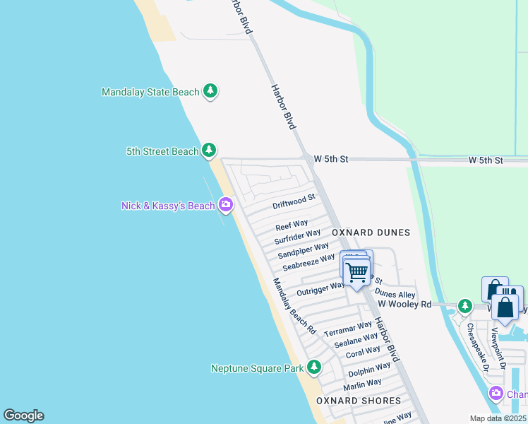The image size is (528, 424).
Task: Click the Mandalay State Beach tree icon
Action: (x=210, y=91)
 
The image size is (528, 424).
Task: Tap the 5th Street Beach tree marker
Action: (x=209, y=151)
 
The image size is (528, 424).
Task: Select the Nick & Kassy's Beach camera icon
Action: (x=226, y=206)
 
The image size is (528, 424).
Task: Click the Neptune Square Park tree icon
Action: (x=313, y=367)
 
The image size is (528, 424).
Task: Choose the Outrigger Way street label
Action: (x=320, y=288)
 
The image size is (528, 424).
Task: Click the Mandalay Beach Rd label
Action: (x=294, y=305)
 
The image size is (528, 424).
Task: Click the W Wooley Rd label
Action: (x=404, y=304)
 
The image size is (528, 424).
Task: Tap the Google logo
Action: (x=23, y=416)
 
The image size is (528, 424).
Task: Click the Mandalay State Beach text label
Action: (x=150, y=92)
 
